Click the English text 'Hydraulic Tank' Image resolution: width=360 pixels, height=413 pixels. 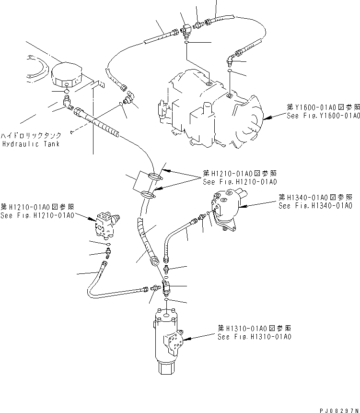coord(31,144)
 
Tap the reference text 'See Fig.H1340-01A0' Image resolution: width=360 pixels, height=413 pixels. coord(315,206)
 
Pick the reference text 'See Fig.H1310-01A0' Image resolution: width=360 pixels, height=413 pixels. coord(255,337)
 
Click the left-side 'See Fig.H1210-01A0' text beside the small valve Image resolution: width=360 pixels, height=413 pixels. coord(37,215)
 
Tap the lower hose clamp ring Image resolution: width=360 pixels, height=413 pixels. coord(149,194)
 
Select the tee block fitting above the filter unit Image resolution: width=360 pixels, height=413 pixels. coord(166,287)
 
